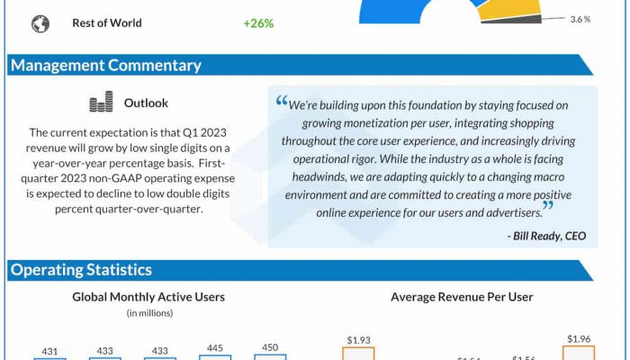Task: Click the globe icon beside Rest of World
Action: pos(40,23)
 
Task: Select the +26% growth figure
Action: pos(258,23)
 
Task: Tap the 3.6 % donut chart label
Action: pos(580,19)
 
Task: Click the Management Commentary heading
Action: pos(105,65)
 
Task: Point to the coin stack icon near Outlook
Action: pos(101,103)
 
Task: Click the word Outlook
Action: pos(146,103)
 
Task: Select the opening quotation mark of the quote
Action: pos(281,103)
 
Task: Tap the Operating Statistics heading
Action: pos(81,270)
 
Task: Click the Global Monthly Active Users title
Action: pos(148,297)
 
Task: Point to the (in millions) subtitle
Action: pos(148,313)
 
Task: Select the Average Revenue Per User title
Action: pos(462,297)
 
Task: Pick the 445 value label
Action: pos(216,347)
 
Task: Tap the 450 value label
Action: pos(270,347)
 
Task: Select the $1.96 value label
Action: pos(579,338)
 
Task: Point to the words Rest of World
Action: pos(107,23)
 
